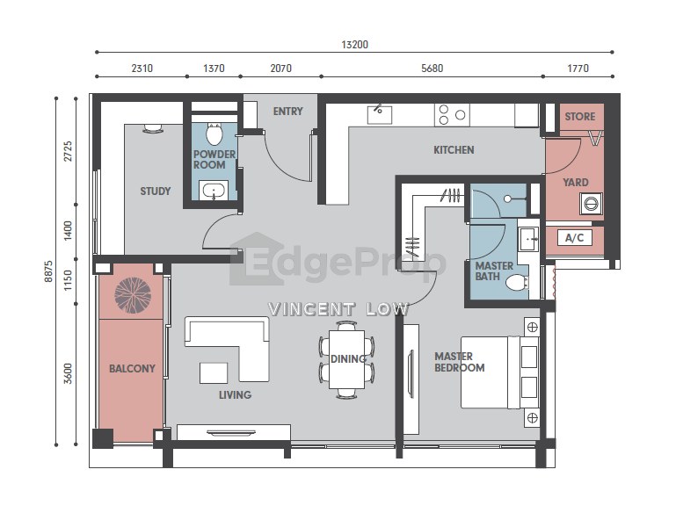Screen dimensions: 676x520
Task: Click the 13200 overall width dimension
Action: (354, 45)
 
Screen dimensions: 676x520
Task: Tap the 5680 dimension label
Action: (432, 68)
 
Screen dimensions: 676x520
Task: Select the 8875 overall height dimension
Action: (48, 271)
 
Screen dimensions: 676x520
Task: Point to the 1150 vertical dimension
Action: (68, 280)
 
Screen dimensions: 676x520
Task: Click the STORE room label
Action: (580, 116)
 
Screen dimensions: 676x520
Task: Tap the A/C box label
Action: (574, 238)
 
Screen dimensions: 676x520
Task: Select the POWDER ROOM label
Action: (214, 159)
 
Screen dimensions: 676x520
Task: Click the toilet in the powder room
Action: (214, 134)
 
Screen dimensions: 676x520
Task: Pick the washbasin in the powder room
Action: (214, 190)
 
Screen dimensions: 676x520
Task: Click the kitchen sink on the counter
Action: (380, 114)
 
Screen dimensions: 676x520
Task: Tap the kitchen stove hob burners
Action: (452, 114)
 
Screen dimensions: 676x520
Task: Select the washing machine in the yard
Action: (591, 204)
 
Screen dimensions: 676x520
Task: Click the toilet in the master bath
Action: (517, 283)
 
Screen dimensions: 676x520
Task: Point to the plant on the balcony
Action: (133, 295)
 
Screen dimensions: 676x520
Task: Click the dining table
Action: (346, 359)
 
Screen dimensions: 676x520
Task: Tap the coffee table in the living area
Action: (214, 373)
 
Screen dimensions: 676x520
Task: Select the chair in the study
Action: (153, 128)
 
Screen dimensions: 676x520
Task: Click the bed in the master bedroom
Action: (500, 372)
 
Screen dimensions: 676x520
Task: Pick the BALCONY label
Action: (132, 369)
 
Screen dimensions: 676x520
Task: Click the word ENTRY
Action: (288, 112)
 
